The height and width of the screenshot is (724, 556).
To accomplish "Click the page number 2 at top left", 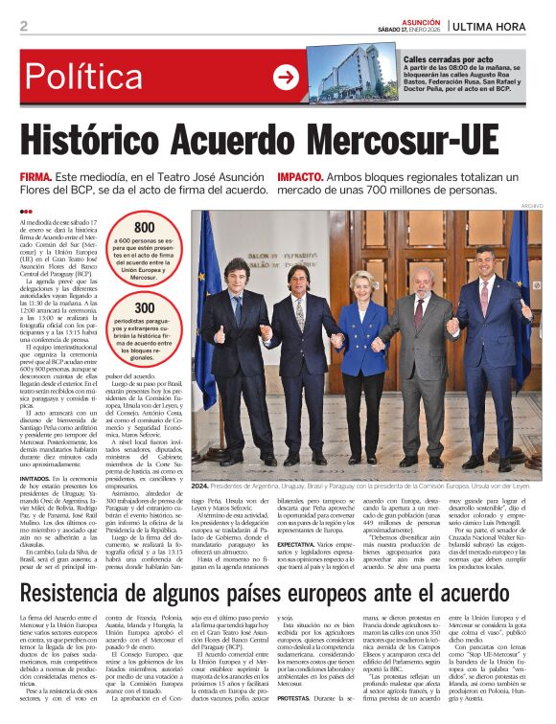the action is click(x=23, y=27).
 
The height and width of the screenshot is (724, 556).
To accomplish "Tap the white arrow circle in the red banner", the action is click(x=286, y=77).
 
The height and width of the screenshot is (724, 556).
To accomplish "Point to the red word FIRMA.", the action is click(x=36, y=178).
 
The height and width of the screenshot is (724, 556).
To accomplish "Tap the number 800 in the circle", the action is click(x=144, y=227).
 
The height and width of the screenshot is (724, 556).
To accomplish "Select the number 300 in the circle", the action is click(x=145, y=307).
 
